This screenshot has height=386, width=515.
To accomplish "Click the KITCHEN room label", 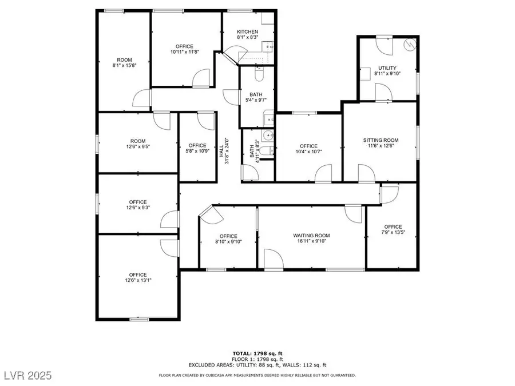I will [247, 31].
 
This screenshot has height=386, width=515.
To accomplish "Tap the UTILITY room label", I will [387, 67].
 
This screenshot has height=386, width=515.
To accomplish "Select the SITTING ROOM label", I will [381, 140].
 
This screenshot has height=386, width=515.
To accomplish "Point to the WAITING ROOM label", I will [311, 236].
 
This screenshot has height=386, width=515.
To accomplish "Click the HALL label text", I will [221, 150].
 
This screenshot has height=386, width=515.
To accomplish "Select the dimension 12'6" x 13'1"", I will [137, 280].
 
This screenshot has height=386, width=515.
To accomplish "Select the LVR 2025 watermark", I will [26, 376].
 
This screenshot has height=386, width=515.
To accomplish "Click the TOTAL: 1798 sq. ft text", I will [257, 354].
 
